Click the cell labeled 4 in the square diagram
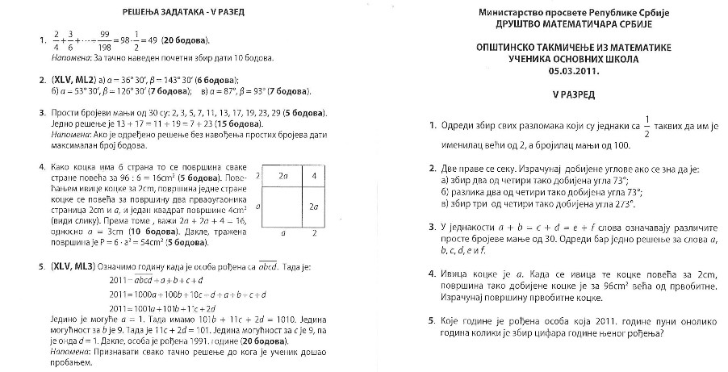tap(313, 175)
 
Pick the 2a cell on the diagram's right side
tap(313, 207)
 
